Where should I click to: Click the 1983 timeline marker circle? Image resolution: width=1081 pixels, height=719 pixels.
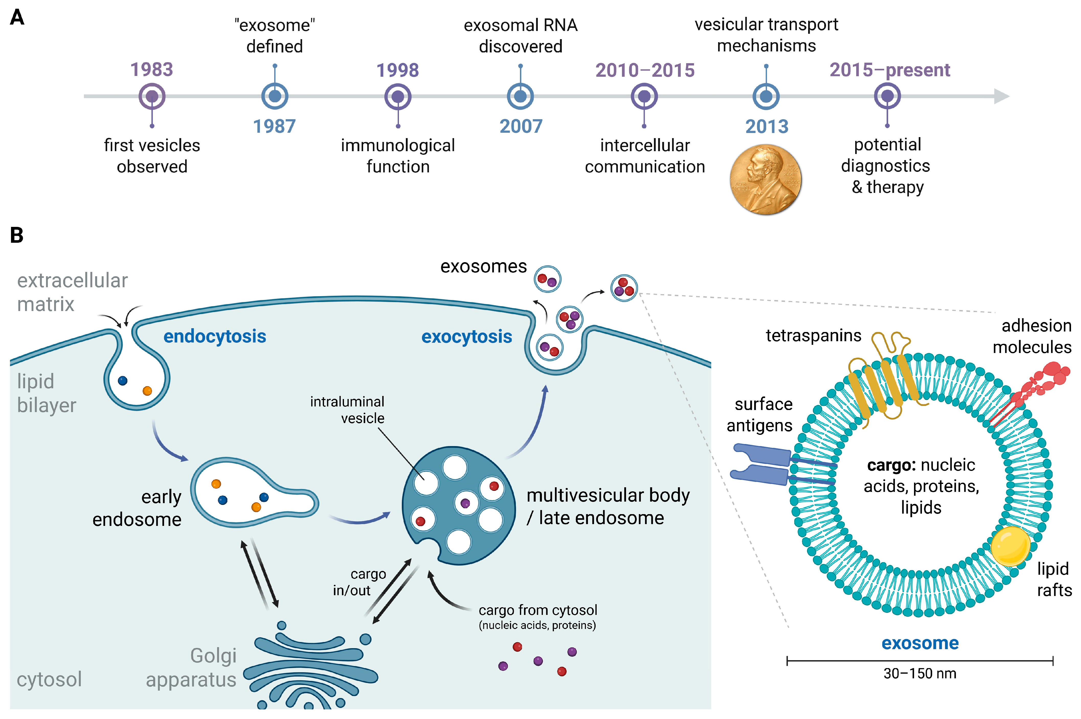pos(152,96)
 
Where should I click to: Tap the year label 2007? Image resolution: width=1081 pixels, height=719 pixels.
pos(521,126)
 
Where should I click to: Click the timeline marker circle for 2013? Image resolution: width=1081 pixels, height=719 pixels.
pos(766,96)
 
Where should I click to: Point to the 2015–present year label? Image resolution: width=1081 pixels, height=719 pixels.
pos(890,70)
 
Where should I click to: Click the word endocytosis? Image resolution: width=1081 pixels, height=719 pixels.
pos(215,337)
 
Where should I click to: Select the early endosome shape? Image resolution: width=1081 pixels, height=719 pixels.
pos(254,492)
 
